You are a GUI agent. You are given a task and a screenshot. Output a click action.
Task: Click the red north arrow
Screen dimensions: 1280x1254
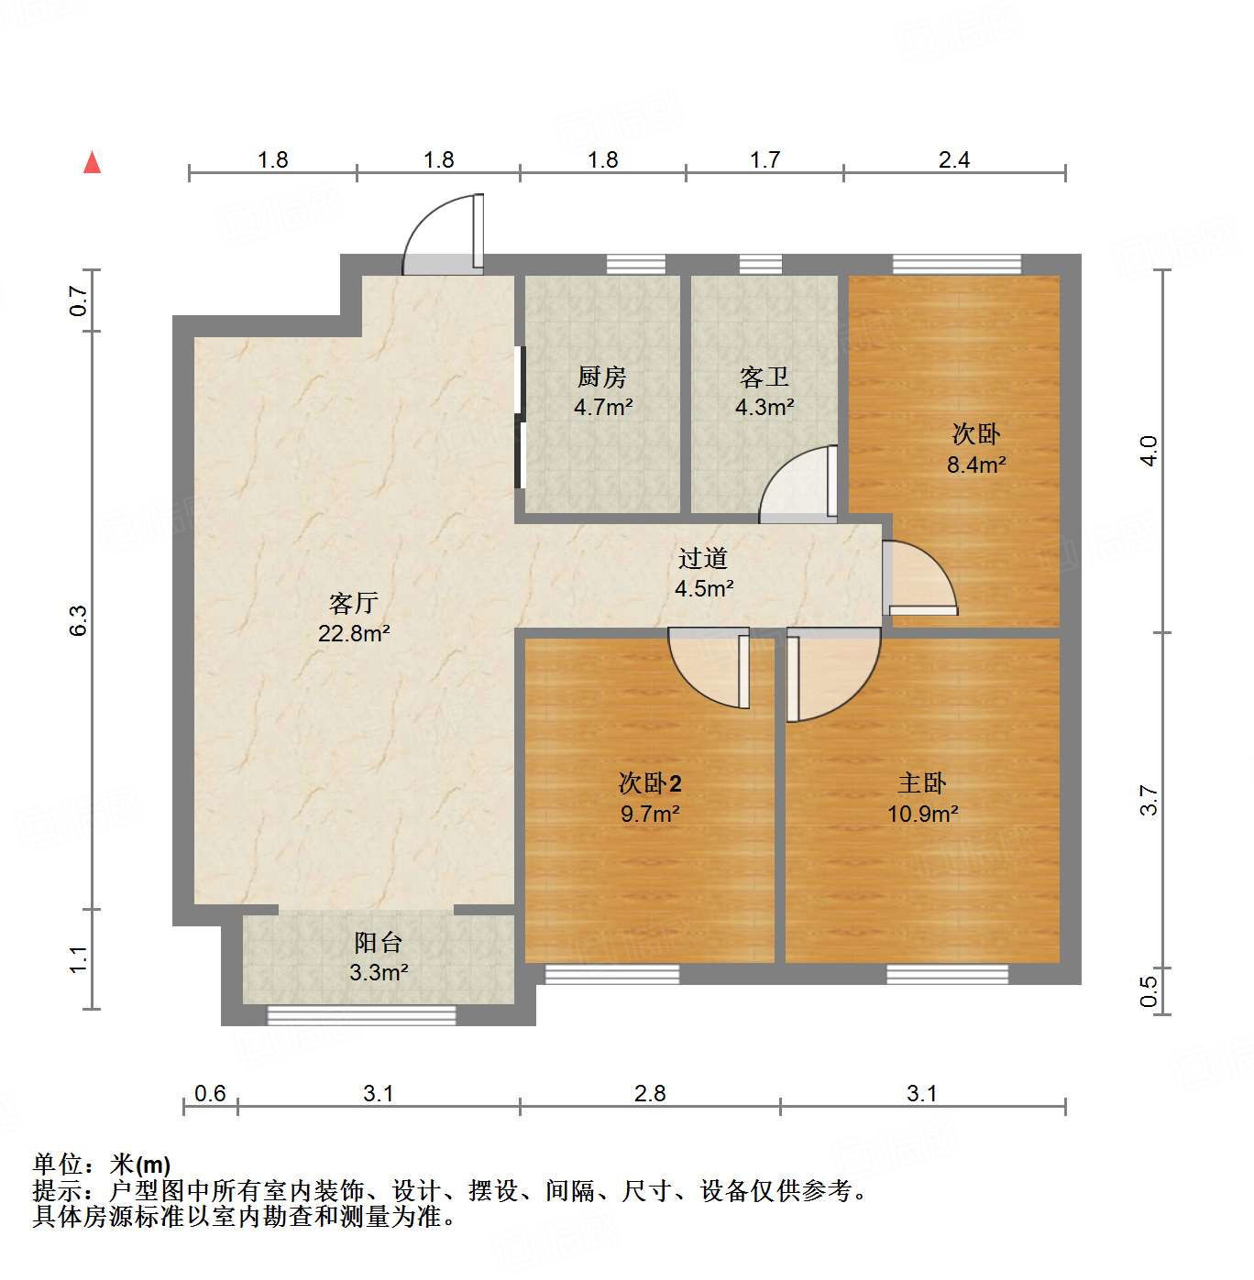click(93, 162)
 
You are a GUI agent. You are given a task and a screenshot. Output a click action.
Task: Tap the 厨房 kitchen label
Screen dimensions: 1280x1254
click(602, 377)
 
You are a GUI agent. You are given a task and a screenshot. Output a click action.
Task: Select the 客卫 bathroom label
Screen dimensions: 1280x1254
click(764, 377)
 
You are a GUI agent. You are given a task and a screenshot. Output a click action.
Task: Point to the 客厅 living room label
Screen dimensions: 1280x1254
click(354, 603)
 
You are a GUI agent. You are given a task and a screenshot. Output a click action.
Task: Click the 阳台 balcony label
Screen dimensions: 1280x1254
click(378, 942)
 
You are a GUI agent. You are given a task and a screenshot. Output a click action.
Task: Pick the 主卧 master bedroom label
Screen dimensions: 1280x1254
click(922, 783)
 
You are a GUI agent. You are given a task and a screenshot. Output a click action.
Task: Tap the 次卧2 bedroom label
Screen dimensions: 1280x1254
click(650, 783)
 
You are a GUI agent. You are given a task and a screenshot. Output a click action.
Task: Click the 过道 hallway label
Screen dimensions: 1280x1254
click(703, 558)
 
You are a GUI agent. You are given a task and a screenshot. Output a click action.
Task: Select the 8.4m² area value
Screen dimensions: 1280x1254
click(976, 465)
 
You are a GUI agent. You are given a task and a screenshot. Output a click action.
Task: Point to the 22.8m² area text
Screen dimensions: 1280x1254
click(354, 633)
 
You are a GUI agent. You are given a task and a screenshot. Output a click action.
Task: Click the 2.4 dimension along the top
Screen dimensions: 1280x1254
click(953, 160)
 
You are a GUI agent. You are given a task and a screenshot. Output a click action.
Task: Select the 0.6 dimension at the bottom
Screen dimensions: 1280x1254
click(210, 1093)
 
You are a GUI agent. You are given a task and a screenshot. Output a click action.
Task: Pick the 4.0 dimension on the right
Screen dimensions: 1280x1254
click(1149, 451)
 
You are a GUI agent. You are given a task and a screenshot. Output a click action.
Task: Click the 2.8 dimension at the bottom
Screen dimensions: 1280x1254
click(650, 1093)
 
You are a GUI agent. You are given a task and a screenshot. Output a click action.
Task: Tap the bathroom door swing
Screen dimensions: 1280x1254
click(796, 484)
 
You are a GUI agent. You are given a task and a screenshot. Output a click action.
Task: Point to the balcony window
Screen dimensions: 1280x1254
click(361, 1015)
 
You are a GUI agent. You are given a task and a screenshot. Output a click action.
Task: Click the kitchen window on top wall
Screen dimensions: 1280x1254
click(636, 265)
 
